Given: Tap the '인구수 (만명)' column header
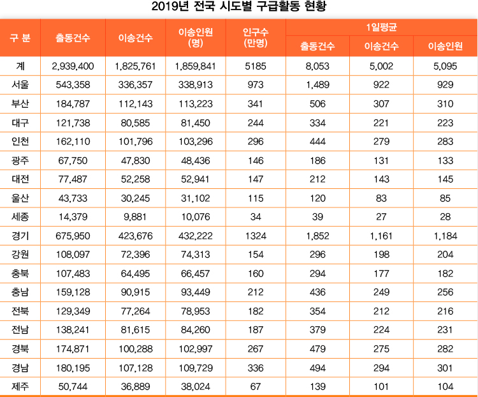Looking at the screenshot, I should tap(256, 37).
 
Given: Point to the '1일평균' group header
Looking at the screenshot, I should tap(382, 27).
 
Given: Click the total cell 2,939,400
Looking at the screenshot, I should tap(73, 66).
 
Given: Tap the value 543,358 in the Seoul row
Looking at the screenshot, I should tap(73, 85).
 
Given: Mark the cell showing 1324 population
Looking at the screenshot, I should tap(256, 236).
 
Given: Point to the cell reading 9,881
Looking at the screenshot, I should tap(135, 217).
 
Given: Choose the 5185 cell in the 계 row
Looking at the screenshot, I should tap(256, 66).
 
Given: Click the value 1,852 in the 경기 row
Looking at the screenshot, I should tap(317, 236).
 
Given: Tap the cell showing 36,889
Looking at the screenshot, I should tap(135, 386).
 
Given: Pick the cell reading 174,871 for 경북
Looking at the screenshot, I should tap(73, 349).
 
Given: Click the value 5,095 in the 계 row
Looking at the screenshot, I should tap(445, 66).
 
